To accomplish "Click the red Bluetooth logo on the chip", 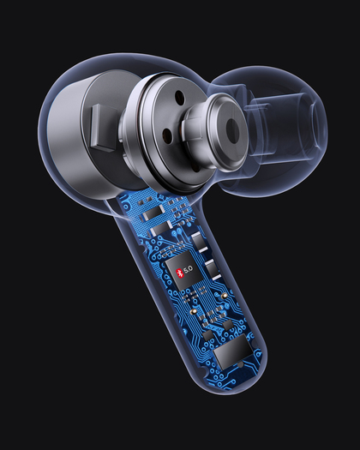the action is click(179, 273).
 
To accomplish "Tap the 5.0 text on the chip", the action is click(189, 269).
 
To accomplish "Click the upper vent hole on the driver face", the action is click(179, 97).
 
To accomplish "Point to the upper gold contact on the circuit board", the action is click(225, 296).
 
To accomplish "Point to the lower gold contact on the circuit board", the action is click(195, 311).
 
